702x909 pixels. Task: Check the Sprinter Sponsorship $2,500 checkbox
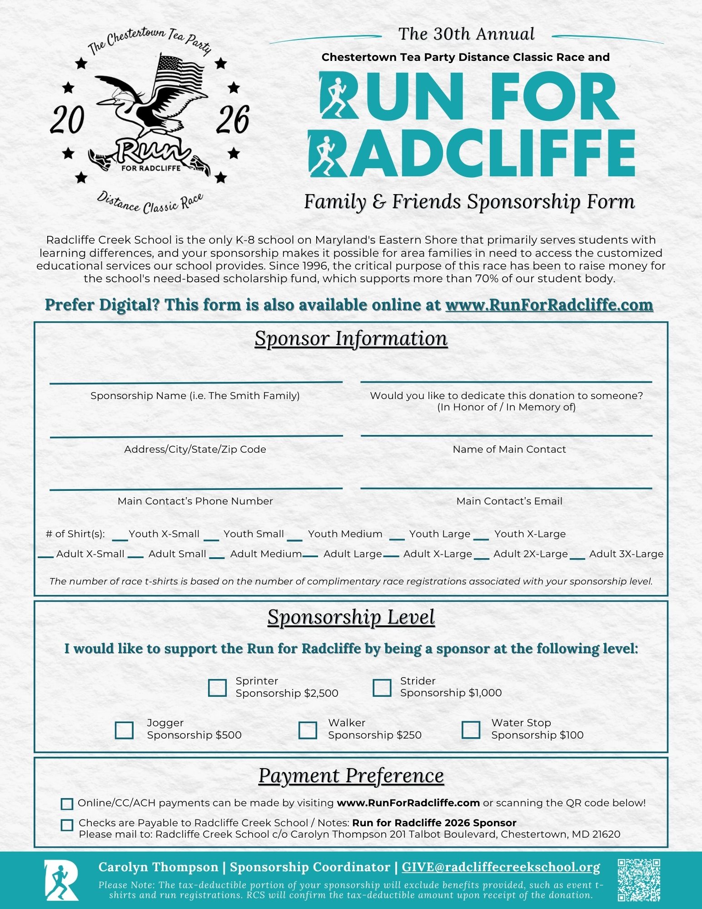(x=217, y=688)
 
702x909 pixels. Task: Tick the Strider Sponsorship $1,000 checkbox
(x=382, y=688)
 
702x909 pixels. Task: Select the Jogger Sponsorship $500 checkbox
(x=124, y=730)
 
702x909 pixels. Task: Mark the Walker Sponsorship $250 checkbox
(x=308, y=730)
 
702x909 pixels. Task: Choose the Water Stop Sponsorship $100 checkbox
(x=471, y=730)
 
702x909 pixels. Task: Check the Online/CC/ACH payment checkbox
(x=67, y=804)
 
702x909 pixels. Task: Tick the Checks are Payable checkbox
(x=67, y=825)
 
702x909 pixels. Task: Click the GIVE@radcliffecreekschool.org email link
(x=501, y=867)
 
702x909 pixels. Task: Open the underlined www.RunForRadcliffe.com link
(x=549, y=305)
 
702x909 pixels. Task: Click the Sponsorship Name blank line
(x=196, y=381)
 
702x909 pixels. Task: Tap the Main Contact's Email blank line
(x=506, y=487)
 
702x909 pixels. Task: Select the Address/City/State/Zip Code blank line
(x=196, y=435)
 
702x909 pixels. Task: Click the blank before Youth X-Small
(x=119, y=539)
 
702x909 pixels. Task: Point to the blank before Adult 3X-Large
(x=577, y=557)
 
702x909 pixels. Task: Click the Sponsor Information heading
(x=351, y=339)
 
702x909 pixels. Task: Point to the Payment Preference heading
(x=351, y=776)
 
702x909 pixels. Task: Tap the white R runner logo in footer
(x=61, y=880)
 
